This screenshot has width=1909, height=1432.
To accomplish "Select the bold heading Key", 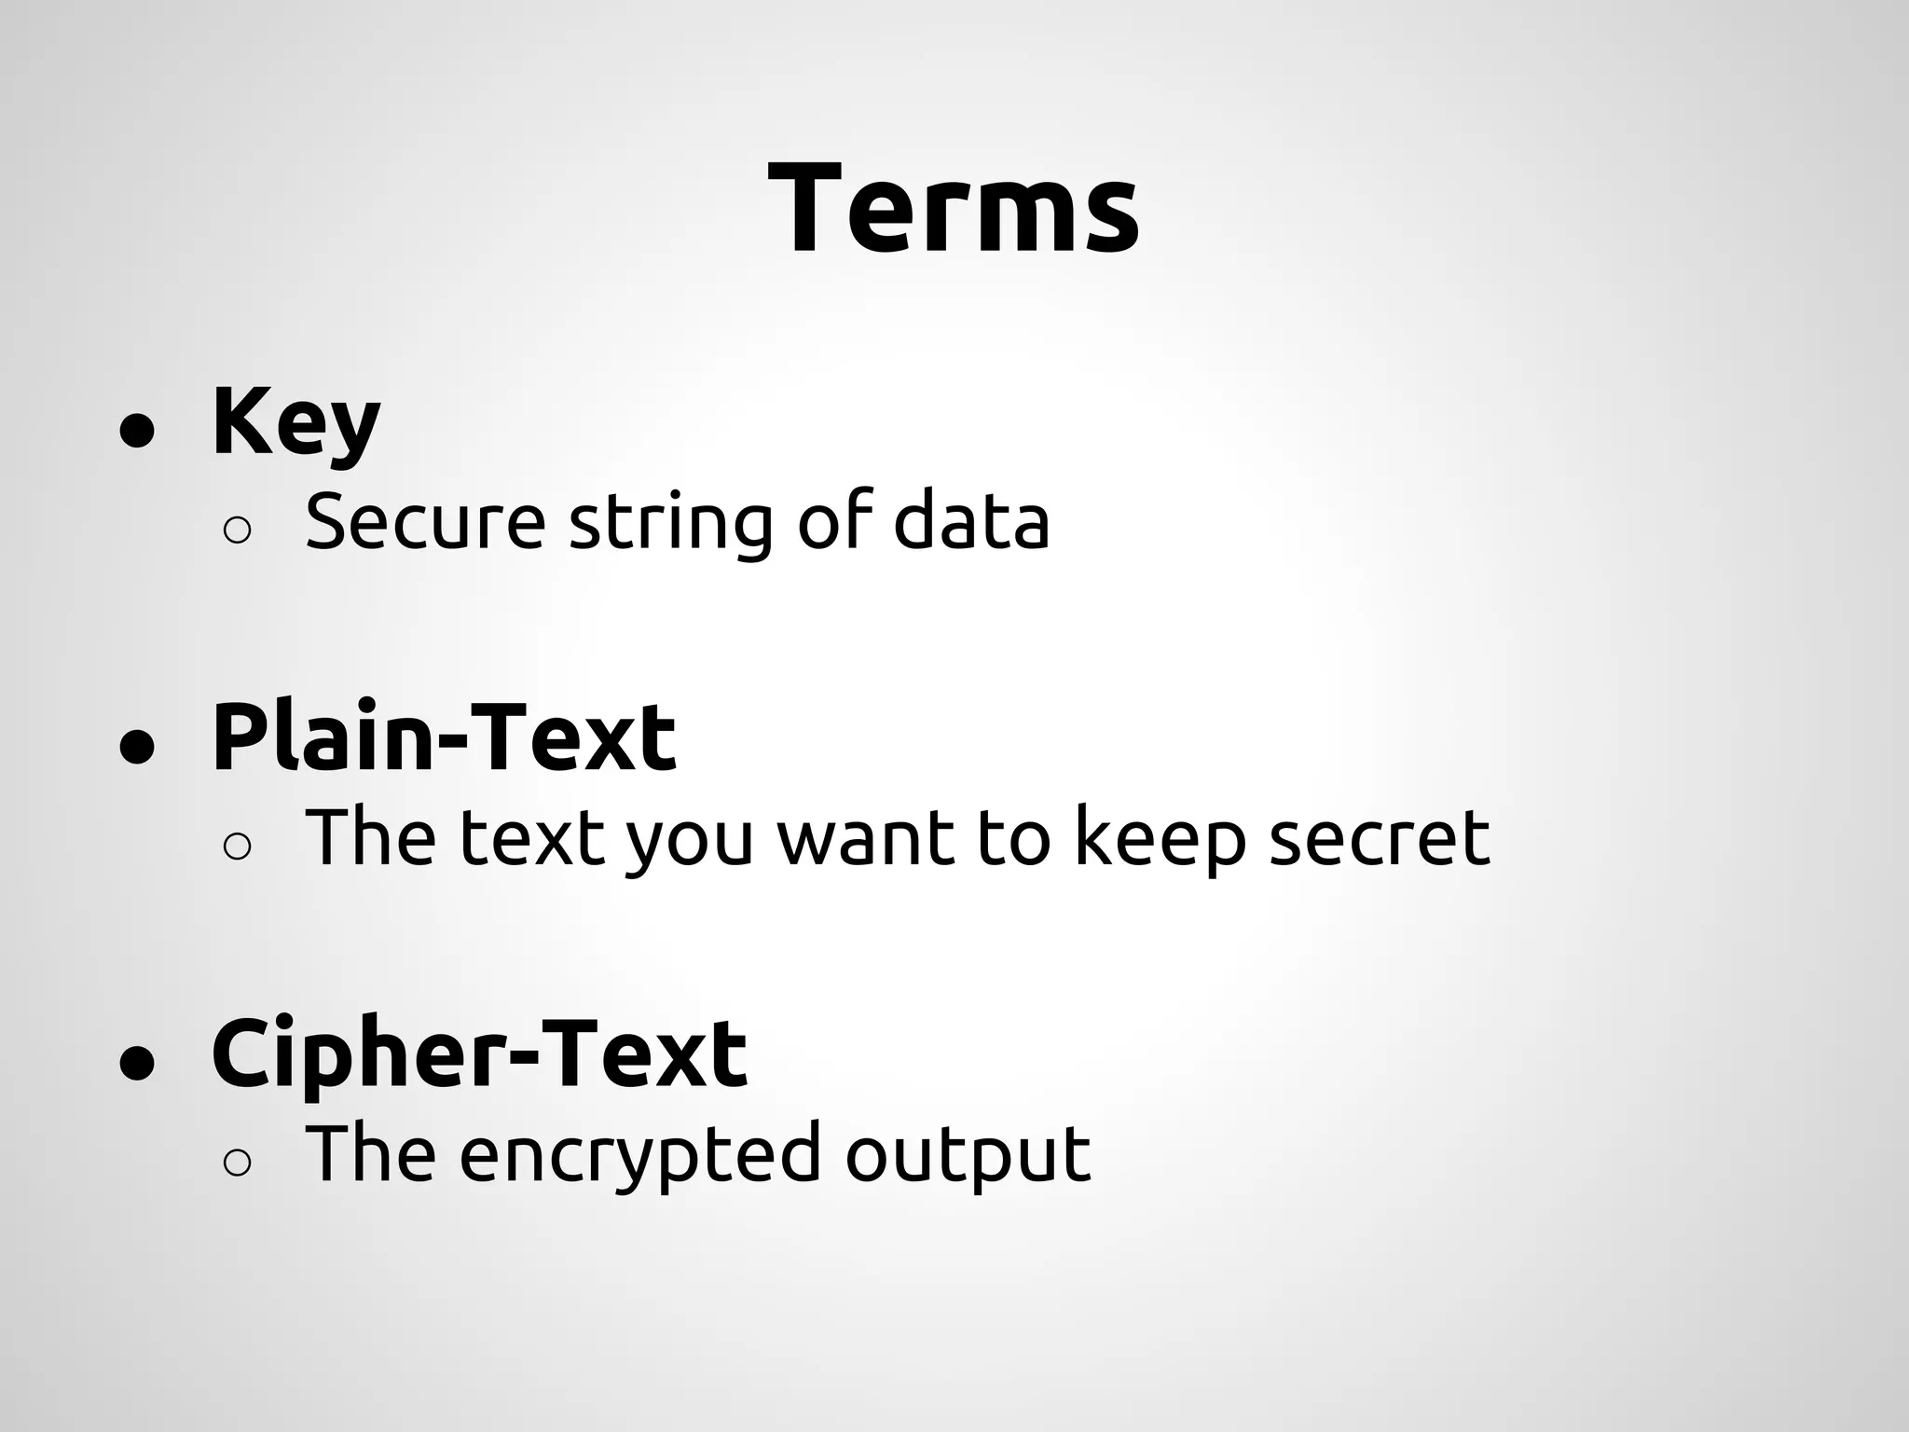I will [295, 422].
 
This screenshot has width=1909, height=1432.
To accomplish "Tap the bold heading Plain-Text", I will [444, 738].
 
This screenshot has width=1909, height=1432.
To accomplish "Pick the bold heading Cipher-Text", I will [479, 1054].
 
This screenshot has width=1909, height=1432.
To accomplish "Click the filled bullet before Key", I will [137, 431].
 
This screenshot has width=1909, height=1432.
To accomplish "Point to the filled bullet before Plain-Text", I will [137, 747].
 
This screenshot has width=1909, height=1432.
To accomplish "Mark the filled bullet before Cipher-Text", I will [137, 1063].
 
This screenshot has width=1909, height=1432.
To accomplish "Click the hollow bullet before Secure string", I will [238, 530].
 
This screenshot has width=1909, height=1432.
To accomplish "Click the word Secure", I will [425, 522].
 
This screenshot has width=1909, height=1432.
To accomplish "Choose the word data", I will [971, 522].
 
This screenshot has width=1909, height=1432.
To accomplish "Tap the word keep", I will [1161, 839].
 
